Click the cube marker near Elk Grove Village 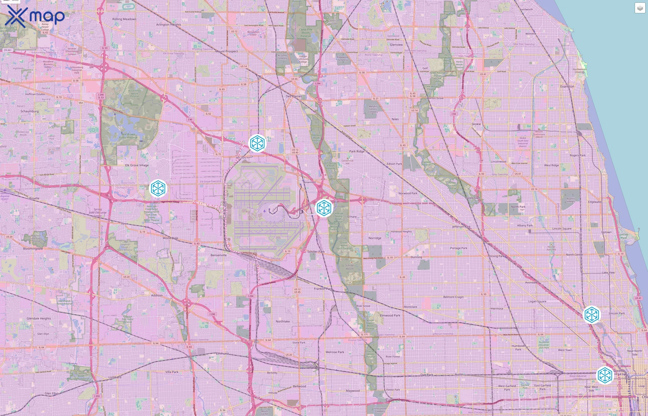coord(158,188)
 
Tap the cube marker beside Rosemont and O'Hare coord(324,208)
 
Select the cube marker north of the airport coord(257,143)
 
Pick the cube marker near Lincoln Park coord(592,315)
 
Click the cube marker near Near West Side coord(604,375)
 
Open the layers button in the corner coord(640,8)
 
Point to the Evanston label coord(567,86)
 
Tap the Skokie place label coord(476,124)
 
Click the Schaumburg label coord(29,111)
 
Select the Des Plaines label coord(294,96)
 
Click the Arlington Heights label coord(168,24)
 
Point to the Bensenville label coord(218,255)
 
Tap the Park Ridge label coord(357,151)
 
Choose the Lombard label coord(115,377)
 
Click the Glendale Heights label coord(39,318)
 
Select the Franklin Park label coord(323,289)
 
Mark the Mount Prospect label coord(226,51)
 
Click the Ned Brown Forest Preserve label coord(128,136)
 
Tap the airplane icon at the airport coord(264,211)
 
